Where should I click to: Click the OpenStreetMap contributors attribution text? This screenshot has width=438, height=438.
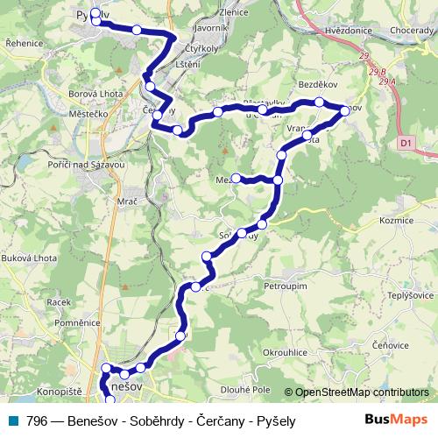click(x=362, y=392)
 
